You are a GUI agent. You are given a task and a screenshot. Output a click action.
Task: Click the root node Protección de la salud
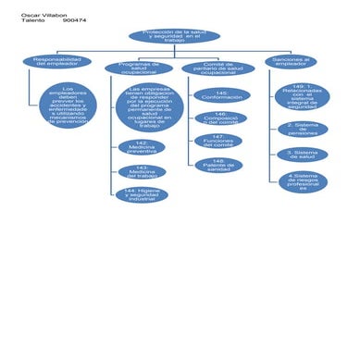(175, 35)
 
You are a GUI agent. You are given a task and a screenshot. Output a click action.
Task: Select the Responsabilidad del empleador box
(56, 61)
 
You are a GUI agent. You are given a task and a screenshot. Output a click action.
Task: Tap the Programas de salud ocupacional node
(139, 68)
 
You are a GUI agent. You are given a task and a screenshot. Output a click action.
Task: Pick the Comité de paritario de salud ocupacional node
(217, 68)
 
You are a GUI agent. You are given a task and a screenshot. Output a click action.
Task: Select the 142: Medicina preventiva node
(143, 146)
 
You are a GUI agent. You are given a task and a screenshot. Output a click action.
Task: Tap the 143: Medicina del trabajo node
(143, 171)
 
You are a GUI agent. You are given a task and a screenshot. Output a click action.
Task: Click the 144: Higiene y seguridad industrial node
(143, 194)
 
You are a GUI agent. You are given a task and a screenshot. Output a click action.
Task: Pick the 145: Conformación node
(222, 94)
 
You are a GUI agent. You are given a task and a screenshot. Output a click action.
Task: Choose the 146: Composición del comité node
(222, 118)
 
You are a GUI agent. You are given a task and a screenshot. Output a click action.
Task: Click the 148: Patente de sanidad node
(218, 165)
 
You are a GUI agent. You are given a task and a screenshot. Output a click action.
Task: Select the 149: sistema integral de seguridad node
(302, 96)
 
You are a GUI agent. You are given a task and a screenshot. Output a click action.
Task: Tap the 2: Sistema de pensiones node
(302, 129)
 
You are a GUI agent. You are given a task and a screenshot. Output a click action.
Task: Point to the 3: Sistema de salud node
(302, 155)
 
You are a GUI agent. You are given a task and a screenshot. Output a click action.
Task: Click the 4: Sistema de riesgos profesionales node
(303, 181)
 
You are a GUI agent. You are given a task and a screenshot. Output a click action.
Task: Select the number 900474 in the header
(75, 20)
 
